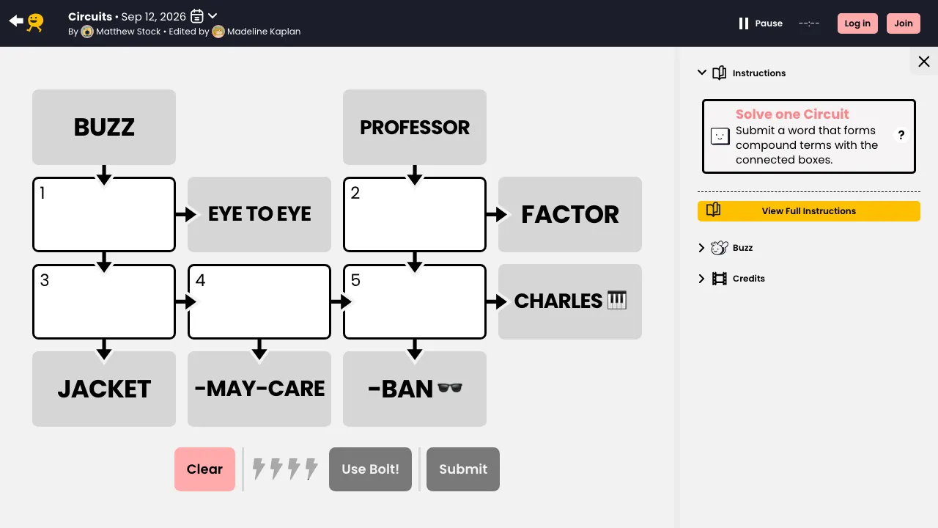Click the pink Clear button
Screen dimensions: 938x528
[x=204, y=469]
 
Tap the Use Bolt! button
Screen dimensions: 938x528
[x=370, y=469]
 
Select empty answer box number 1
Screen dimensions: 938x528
[x=104, y=214]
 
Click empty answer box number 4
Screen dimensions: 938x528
[x=259, y=301]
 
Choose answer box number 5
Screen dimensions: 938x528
[x=415, y=301]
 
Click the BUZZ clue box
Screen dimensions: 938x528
[x=104, y=127]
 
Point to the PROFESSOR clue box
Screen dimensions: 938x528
[x=415, y=127]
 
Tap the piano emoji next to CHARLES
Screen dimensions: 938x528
[x=617, y=300]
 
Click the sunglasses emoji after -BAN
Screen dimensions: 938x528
[x=450, y=388]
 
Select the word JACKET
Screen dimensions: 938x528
[x=104, y=389]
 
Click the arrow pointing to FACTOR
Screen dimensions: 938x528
[x=496, y=215]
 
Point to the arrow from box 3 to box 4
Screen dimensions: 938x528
[x=185, y=301]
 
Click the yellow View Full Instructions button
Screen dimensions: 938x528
[x=808, y=210]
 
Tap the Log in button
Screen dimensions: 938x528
[x=857, y=23]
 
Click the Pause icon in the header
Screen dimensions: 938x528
[x=743, y=23]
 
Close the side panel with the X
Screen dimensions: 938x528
[x=924, y=62]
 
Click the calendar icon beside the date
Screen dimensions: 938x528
[x=197, y=16]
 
